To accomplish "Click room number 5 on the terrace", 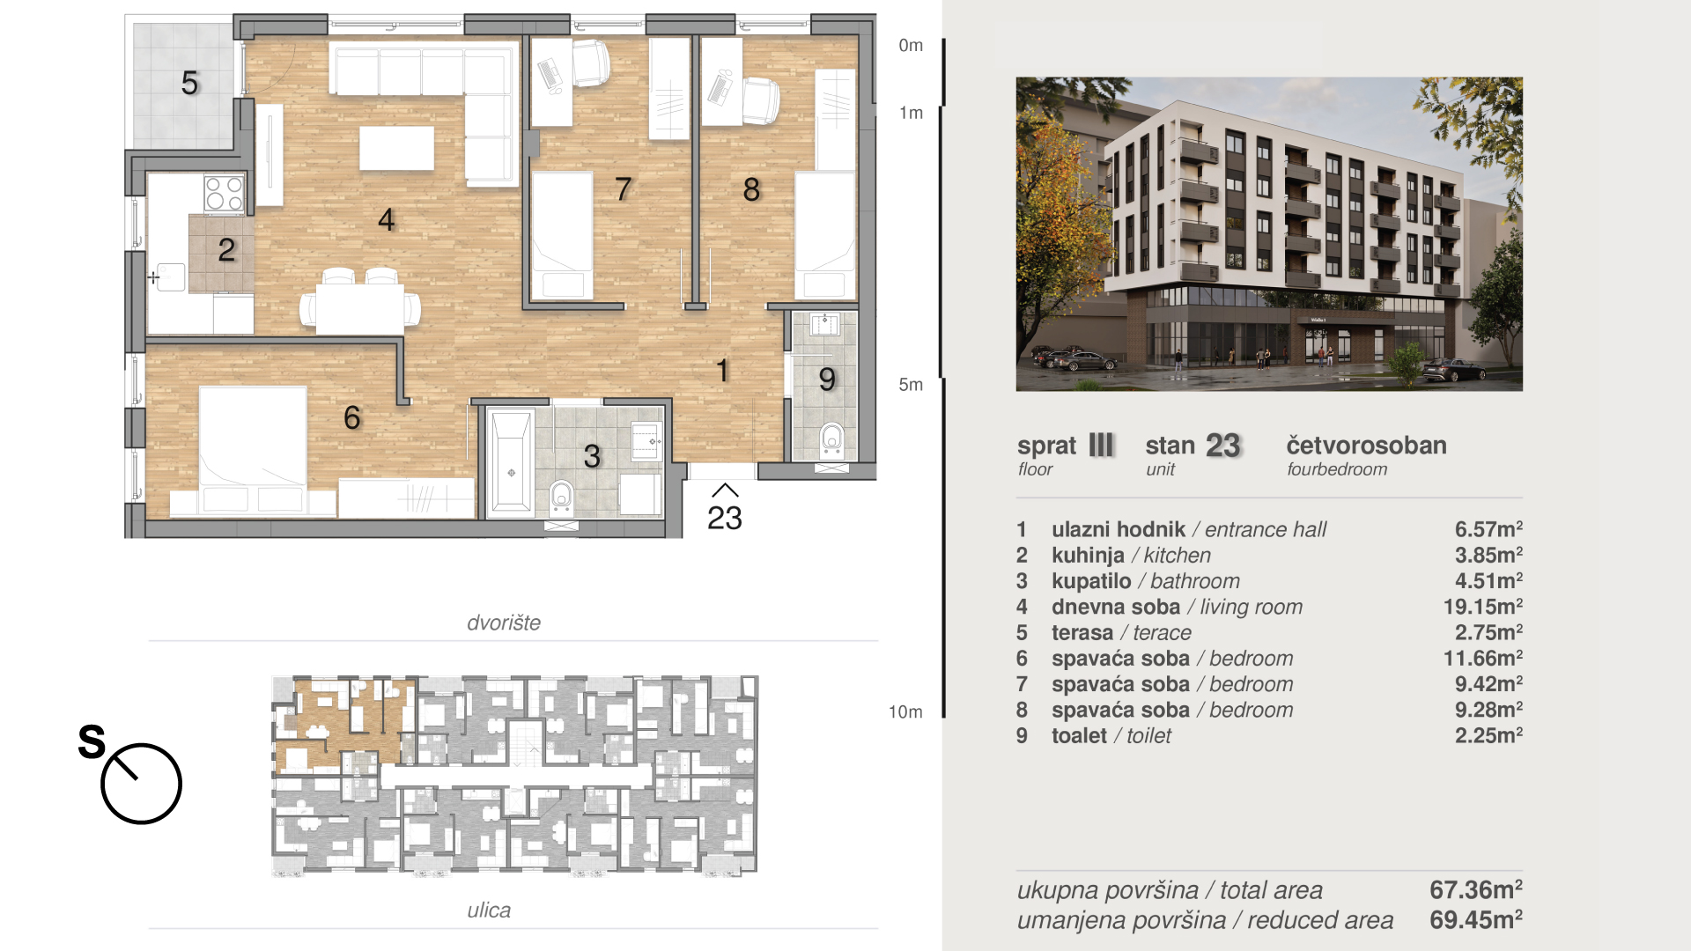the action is (x=190, y=83).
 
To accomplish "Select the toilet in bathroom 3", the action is (x=561, y=498).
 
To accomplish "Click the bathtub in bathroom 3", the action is (x=512, y=461).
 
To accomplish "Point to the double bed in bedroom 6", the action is (x=253, y=448).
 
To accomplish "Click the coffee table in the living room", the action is (x=396, y=148).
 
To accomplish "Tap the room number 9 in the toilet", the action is (x=826, y=380).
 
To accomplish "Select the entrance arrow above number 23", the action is (x=725, y=490).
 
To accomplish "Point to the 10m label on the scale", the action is (x=905, y=711).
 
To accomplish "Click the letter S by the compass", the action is (x=92, y=741).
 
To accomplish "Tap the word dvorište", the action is (x=504, y=623).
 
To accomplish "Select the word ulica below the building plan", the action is (x=489, y=910).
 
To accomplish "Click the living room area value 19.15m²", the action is (x=1482, y=607).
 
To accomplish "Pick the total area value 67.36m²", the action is (x=1476, y=889).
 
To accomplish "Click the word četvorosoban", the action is (x=1366, y=446).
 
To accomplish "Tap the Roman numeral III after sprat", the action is (x=1101, y=446).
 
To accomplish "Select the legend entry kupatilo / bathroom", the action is (x=1145, y=581).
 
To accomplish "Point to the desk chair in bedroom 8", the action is (x=761, y=100).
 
